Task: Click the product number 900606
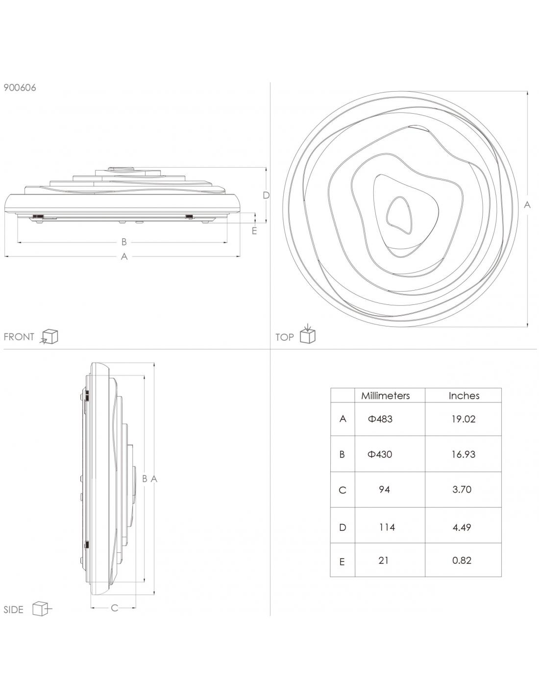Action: point(20,88)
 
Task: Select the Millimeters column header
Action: point(385,396)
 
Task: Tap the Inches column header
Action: point(464,396)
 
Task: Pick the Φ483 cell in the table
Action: point(380,419)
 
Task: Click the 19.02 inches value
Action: point(464,419)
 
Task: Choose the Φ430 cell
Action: point(380,454)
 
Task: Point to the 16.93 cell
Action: point(464,454)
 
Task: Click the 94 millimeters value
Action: point(384,490)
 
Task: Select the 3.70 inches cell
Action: point(462,490)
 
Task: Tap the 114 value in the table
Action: point(387,527)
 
